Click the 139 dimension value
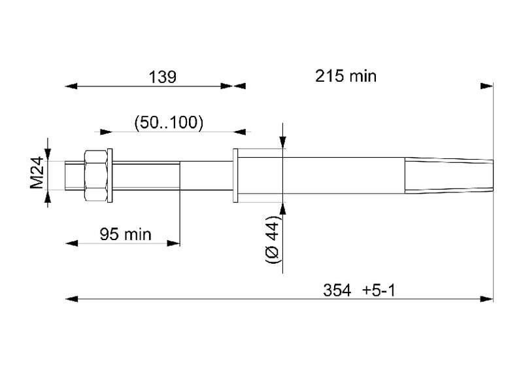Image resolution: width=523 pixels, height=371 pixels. click(x=162, y=77)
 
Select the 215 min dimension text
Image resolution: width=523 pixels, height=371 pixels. click(x=346, y=76)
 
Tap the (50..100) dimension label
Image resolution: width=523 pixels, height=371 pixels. click(x=169, y=122)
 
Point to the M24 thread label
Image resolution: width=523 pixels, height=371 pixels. click(x=37, y=173)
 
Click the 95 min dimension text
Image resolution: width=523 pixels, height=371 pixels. click(x=126, y=234)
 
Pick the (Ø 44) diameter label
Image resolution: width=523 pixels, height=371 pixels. click(x=273, y=239)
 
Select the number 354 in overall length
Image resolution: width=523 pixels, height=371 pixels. click(x=337, y=290)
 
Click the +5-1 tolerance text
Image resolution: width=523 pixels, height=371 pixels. click(x=379, y=290)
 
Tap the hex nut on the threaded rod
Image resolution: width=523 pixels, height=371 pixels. click(x=95, y=175)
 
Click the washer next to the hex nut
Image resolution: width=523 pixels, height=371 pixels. click(x=110, y=175)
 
